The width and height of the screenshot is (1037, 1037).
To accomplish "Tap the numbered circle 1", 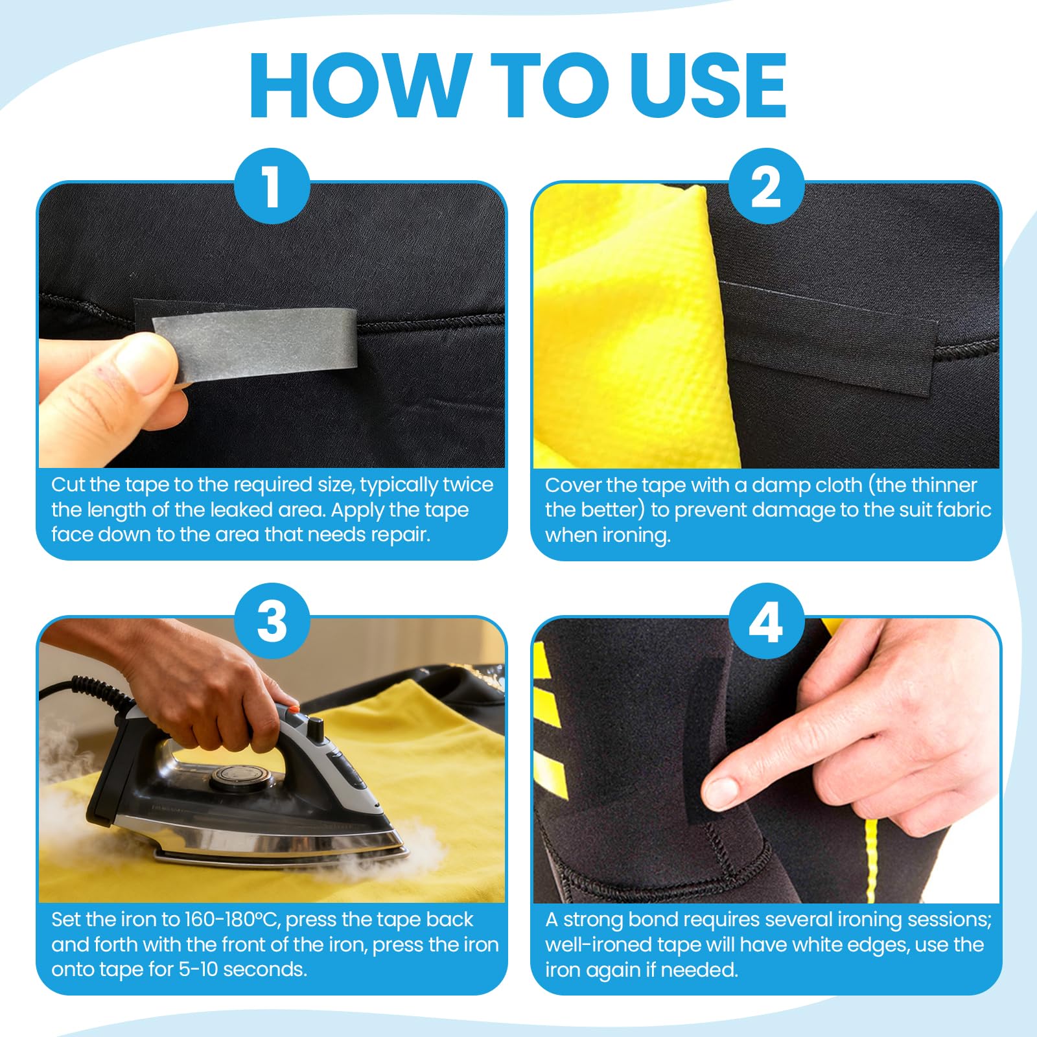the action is (x=272, y=187).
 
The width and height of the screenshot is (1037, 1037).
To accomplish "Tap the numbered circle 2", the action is (x=766, y=187).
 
